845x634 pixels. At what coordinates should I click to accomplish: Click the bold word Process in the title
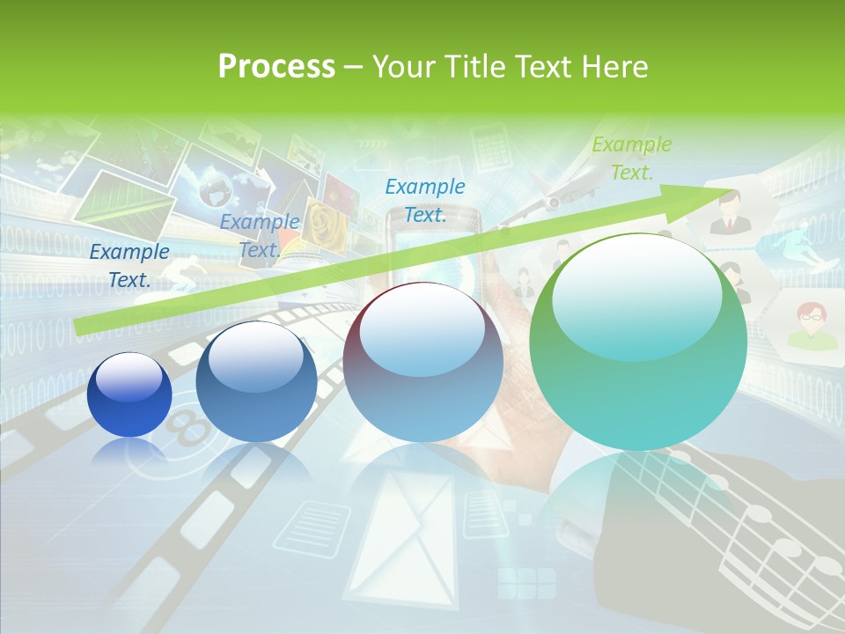point(276,67)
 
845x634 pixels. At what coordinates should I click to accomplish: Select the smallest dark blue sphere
point(129,394)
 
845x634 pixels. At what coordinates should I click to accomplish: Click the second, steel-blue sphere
point(256,381)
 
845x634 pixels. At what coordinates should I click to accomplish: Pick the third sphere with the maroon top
point(422,361)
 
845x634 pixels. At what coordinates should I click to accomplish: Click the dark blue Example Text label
point(129,265)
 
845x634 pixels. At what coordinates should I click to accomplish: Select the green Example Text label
point(632,158)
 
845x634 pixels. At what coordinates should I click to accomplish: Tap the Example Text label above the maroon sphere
point(425,200)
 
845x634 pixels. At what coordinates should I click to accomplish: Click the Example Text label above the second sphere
point(260,235)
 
